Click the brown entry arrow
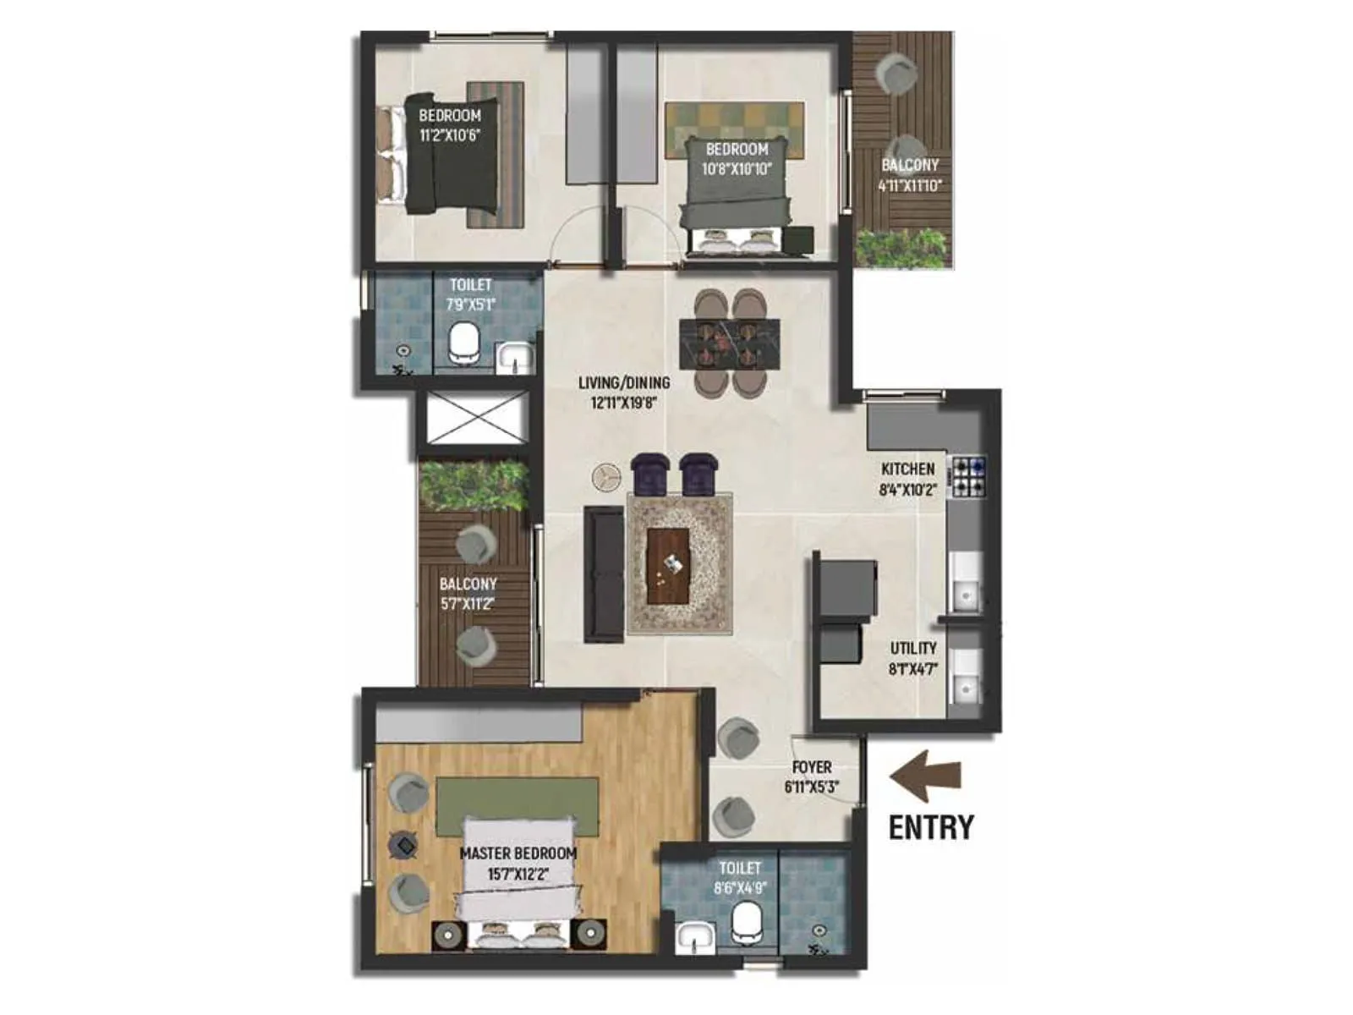tap(926, 776)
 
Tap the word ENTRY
tap(931, 826)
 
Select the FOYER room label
tap(812, 767)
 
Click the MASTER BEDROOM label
tap(518, 853)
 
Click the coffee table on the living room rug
tap(668, 566)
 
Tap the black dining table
tap(729, 343)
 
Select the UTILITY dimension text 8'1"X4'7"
tap(913, 669)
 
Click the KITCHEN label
tap(908, 469)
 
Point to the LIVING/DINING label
tap(624, 383)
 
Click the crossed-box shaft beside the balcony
tap(475, 418)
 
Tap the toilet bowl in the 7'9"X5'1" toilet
tap(463, 343)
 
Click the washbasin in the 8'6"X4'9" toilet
tap(696, 938)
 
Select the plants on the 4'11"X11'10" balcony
tap(901, 247)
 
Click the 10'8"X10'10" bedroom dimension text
tap(737, 168)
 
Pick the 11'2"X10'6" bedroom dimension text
tap(450, 134)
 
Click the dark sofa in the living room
tap(604, 573)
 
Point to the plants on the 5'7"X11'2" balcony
tap(474, 486)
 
